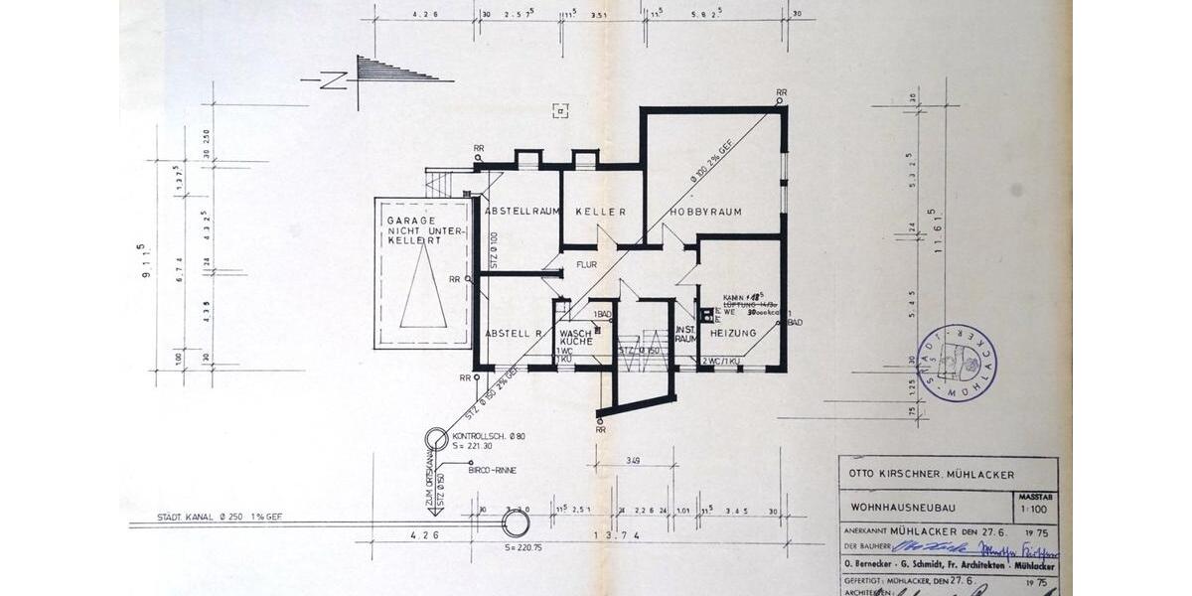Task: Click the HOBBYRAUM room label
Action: click(705, 212)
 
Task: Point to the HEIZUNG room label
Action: click(733, 332)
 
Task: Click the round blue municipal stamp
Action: click(957, 363)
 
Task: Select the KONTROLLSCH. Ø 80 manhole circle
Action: click(436, 439)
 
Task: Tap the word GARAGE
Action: click(422, 220)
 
